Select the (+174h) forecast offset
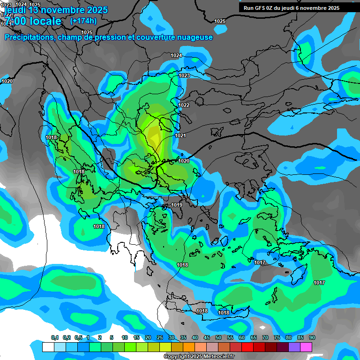point(83,21)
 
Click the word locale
point(45,21)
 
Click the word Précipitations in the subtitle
point(30,37)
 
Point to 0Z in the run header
point(273,8)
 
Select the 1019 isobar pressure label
point(177,205)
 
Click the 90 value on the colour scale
point(312,338)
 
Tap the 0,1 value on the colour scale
point(54,338)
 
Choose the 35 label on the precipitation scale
point(183,338)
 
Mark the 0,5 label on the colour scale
point(78,338)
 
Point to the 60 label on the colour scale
point(242,338)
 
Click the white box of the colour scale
point(48,347)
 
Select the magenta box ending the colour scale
point(306,347)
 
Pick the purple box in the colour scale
point(294,347)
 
